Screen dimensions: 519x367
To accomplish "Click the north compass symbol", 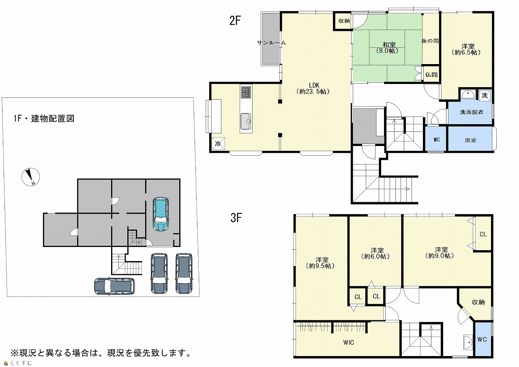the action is (x=30, y=177).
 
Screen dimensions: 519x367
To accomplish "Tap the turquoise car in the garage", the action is (x=161, y=214).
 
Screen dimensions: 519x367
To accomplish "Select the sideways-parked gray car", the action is (x=114, y=286).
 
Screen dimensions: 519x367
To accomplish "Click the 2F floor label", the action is (x=235, y=20).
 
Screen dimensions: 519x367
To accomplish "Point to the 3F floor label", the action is (x=236, y=218).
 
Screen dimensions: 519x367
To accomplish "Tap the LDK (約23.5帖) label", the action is (x=313, y=88).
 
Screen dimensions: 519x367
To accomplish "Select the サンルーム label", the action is (x=272, y=43).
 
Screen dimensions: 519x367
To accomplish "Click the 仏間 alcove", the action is (x=431, y=75).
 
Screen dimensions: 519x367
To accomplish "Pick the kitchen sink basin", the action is (x=246, y=121).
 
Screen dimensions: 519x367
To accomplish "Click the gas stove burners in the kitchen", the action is (x=246, y=92).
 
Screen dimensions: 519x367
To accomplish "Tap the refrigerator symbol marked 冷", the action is (x=218, y=144).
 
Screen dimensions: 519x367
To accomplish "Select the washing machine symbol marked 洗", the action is (x=485, y=95).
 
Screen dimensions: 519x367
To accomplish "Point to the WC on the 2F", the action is (x=436, y=139).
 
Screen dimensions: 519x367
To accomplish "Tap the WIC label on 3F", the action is (x=348, y=342).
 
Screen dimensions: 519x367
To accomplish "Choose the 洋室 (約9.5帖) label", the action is (x=320, y=263).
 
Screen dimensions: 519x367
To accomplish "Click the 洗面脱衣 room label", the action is (x=472, y=112).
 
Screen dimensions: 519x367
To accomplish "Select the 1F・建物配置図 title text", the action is (x=44, y=118).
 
